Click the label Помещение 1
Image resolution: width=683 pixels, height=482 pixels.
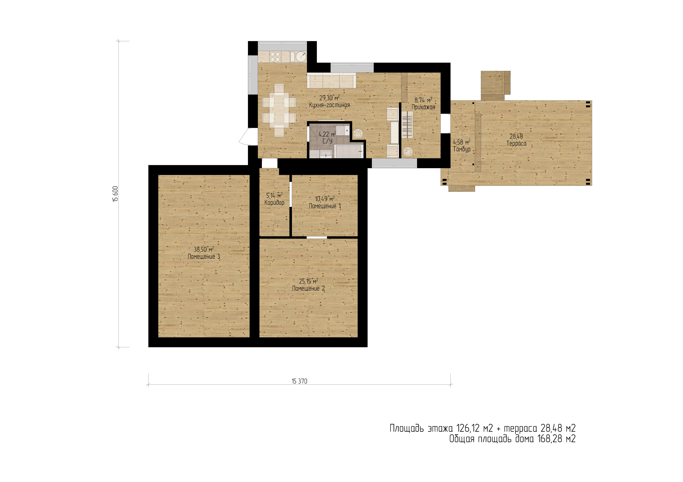click(x=325, y=206)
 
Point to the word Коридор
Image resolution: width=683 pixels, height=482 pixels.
click(x=274, y=203)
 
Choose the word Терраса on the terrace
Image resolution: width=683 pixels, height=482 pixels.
click(x=516, y=143)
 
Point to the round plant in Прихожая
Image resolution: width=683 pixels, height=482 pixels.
click(x=408, y=152)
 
